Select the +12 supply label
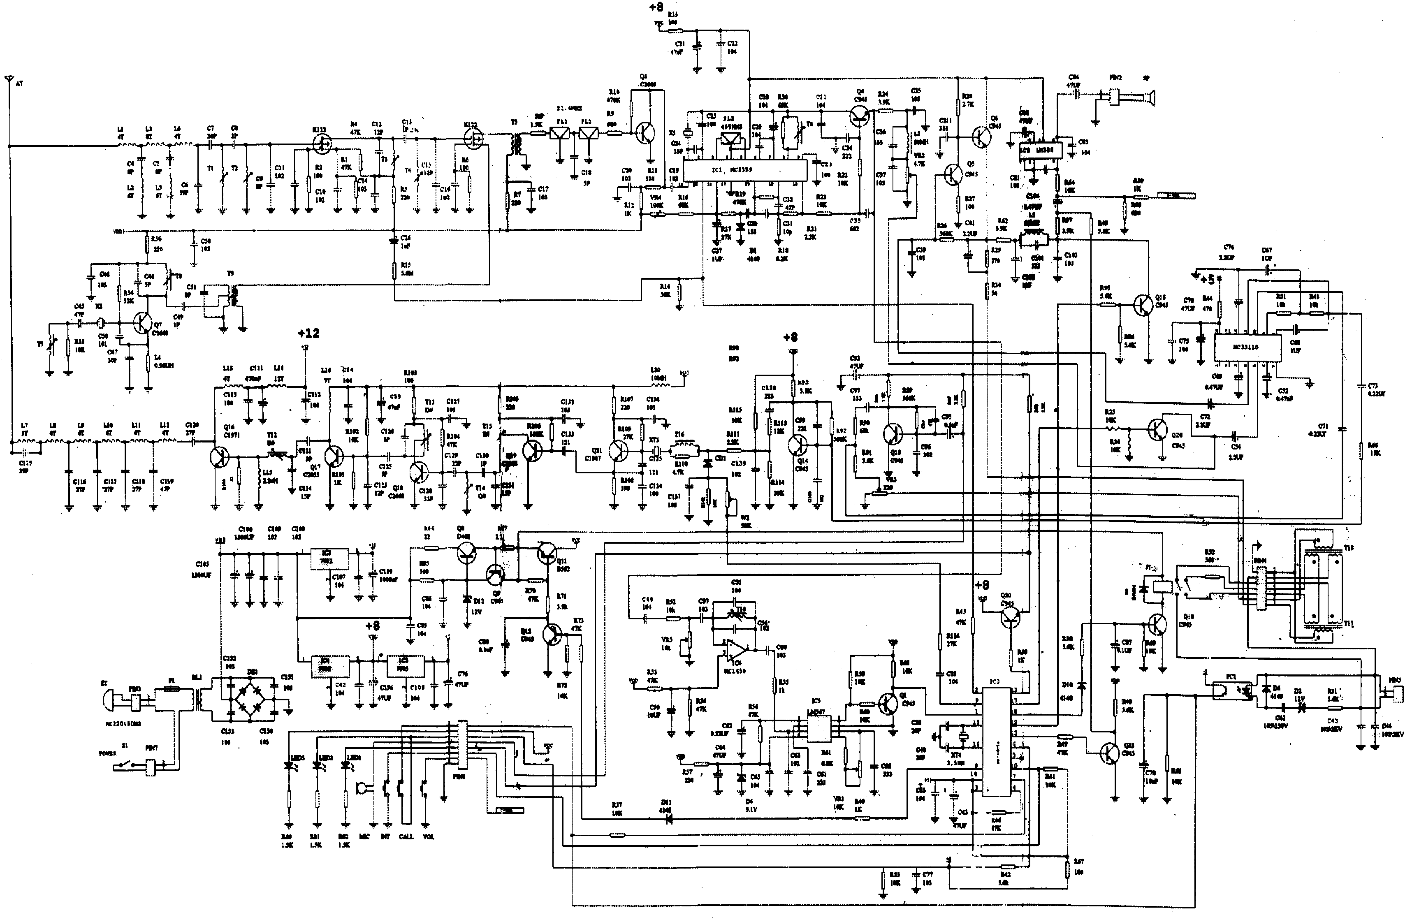[x=308, y=334]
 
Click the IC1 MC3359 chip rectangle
[x=744, y=170]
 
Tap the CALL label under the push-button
[x=406, y=836]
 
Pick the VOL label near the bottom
[x=428, y=836]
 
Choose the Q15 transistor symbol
[x=1142, y=304]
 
